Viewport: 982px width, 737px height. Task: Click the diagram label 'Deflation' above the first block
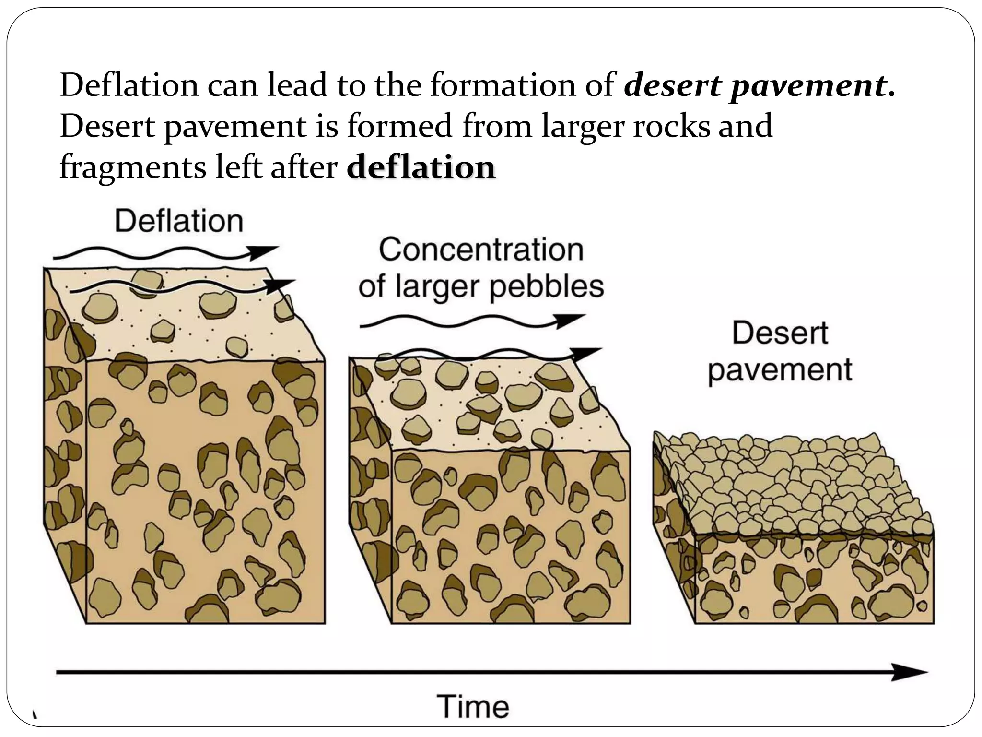[179, 221]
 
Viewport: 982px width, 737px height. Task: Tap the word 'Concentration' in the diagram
[481, 250]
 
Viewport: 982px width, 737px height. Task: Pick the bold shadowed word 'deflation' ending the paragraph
[421, 168]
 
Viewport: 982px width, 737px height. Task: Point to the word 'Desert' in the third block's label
[780, 333]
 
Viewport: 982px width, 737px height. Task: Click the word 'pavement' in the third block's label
[780, 369]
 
